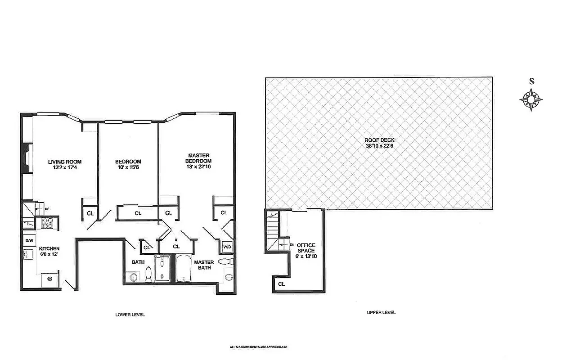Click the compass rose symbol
(531, 99)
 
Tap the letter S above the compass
(531, 81)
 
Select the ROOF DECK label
(379, 140)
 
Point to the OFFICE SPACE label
(306, 248)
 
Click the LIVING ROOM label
(65, 162)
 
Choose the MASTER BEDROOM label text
(199, 158)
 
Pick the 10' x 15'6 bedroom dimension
(128, 167)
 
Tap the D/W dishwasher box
(29, 241)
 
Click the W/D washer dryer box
(227, 247)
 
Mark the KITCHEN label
(49, 248)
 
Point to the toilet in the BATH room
(148, 274)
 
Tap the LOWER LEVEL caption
(130, 315)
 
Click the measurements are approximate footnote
(258, 347)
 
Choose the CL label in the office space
(281, 284)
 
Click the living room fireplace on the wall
(28, 158)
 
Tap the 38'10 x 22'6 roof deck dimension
(379, 146)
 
